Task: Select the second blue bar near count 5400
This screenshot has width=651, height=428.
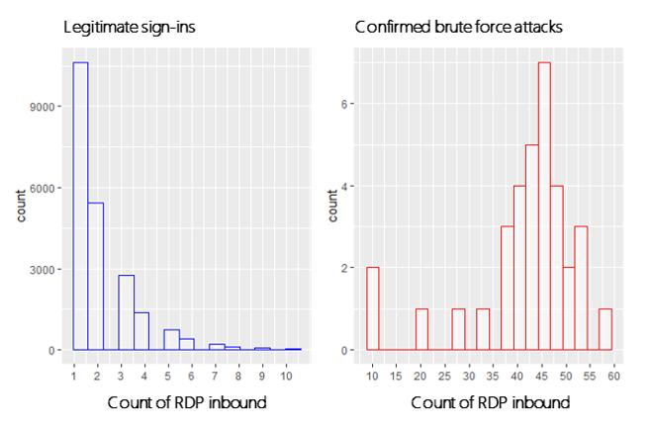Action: [x=96, y=276]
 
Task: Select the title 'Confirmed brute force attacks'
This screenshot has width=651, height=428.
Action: [x=458, y=27]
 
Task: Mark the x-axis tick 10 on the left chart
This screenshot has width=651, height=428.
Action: [x=287, y=377]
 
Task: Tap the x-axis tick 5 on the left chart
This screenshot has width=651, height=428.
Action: [x=168, y=377]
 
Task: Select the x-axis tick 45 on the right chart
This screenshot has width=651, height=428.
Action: [x=541, y=377]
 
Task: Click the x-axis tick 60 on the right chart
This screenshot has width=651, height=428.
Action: [x=613, y=377]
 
